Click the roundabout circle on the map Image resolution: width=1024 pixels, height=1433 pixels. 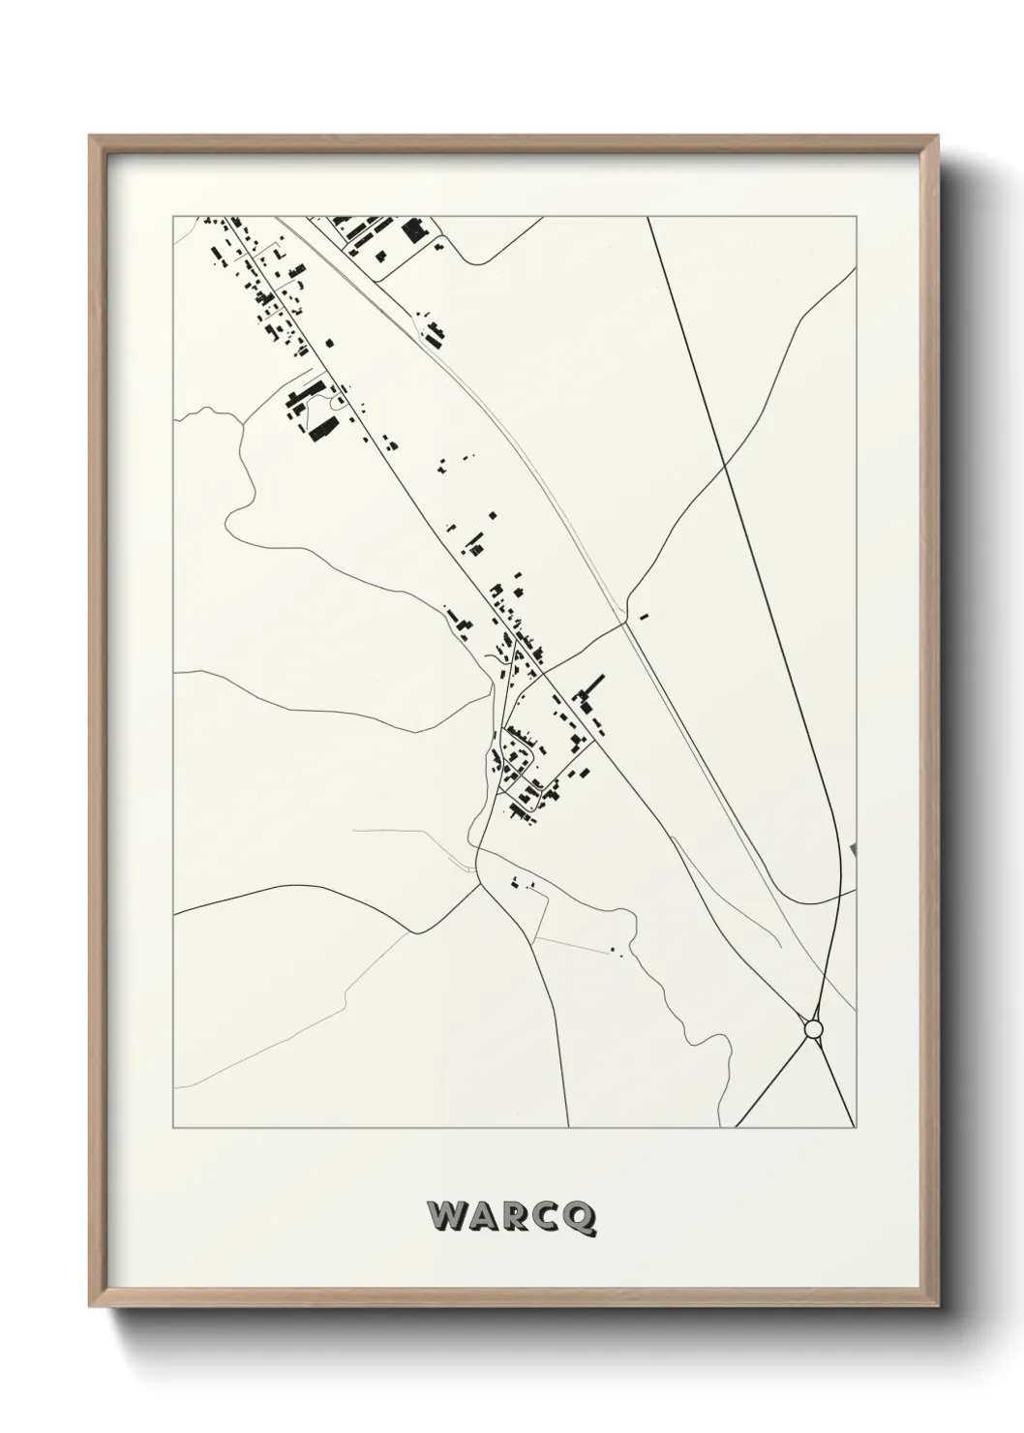[x=813, y=1028]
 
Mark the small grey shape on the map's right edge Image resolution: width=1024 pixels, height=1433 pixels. [x=853, y=849]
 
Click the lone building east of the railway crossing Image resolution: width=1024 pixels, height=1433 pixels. [x=644, y=613]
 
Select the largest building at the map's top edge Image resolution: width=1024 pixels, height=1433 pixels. [x=415, y=229]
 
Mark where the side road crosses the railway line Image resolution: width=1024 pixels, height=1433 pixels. [x=625, y=623]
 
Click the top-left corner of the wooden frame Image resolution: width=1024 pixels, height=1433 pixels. [x=90, y=137]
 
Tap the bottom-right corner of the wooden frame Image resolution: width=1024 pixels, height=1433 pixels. [x=938, y=1310]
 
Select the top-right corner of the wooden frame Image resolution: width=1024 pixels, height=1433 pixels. [x=938, y=137]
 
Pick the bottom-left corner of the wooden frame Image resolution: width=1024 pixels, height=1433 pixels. [x=90, y=1310]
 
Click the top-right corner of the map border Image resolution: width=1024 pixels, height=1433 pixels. [x=857, y=216]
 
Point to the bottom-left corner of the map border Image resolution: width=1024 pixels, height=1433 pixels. [x=173, y=1128]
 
